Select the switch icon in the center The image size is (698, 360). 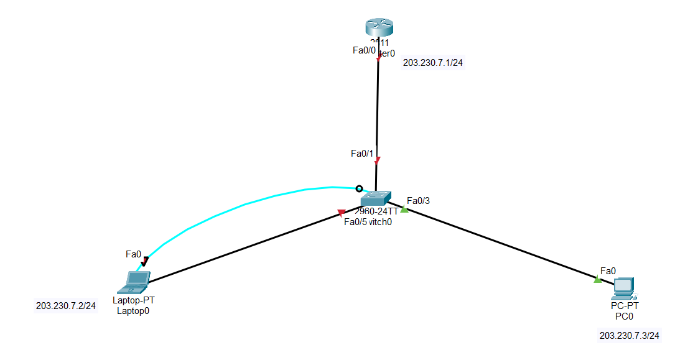[376, 198]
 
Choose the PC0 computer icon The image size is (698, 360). [623, 287]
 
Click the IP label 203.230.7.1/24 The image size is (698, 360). [433, 63]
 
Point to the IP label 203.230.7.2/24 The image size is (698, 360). [66, 306]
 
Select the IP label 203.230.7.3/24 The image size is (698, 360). [630, 336]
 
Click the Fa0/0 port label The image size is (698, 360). [364, 50]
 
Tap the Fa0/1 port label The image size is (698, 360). [362, 153]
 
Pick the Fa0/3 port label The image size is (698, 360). [418, 200]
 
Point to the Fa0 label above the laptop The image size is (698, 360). [134, 254]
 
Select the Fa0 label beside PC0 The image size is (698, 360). [608, 270]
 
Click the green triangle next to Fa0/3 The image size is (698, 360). [404, 210]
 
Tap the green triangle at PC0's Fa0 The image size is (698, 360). [598, 280]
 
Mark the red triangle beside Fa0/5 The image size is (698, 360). [341, 213]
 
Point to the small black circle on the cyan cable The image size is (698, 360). [358, 188]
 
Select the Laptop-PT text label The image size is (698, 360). [134, 300]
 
